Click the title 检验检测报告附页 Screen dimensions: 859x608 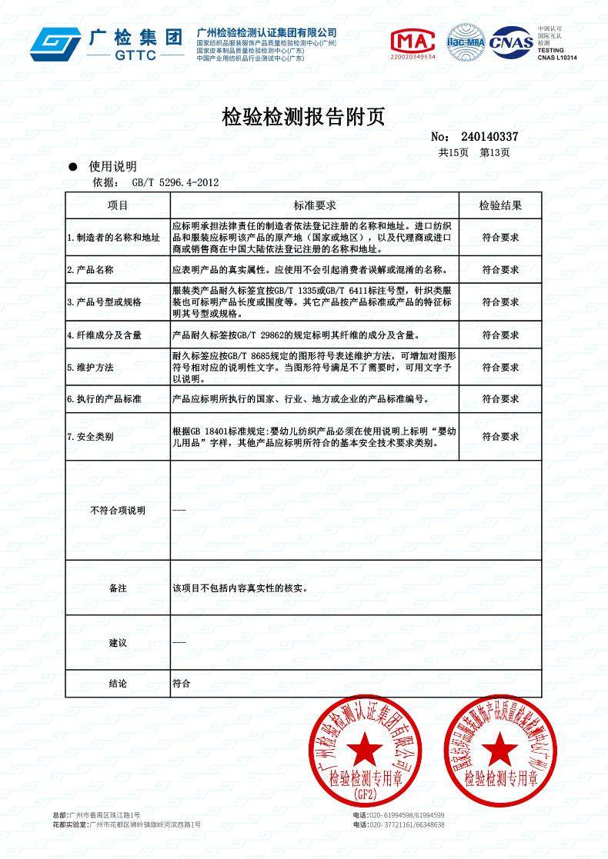(302, 117)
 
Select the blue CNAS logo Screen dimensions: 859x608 (512, 42)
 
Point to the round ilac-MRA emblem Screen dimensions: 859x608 (466, 42)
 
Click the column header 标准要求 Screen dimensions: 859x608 (314, 205)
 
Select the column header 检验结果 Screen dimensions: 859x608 (500, 205)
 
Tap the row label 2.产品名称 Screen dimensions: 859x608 (91, 270)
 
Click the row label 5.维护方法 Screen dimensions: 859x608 (91, 368)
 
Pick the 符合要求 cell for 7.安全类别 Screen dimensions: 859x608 (500, 436)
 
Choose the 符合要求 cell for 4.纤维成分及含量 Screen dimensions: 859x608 (500, 335)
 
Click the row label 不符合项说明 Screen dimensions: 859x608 (117, 511)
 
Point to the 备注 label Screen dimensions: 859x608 (117, 588)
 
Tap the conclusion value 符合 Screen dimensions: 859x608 (181, 682)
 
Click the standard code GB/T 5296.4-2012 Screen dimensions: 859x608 (175, 182)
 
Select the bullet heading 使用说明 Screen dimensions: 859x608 (112, 166)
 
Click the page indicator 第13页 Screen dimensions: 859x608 (494, 152)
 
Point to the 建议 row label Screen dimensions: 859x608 (117, 642)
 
